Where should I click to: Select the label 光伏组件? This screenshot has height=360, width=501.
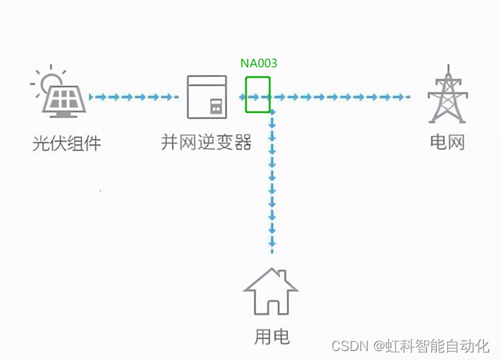tap(67, 142)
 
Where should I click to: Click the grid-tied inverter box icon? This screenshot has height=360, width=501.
tap(206, 97)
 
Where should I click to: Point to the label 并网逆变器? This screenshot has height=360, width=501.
tap(206, 142)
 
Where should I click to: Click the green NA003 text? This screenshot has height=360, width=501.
tap(259, 64)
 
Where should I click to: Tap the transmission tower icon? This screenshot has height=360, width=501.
tap(446, 96)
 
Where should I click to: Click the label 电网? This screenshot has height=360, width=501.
tap(447, 141)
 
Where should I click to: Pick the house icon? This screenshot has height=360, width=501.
tap(272, 291)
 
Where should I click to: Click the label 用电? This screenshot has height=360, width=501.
tap(272, 337)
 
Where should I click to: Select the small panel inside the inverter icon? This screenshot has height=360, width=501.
tap(216, 107)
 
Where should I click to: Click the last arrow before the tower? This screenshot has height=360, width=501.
tap(404, 97)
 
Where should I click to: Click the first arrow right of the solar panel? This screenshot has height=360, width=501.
tap(94, 97)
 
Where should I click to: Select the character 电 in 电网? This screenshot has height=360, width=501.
tap(438, 141)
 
